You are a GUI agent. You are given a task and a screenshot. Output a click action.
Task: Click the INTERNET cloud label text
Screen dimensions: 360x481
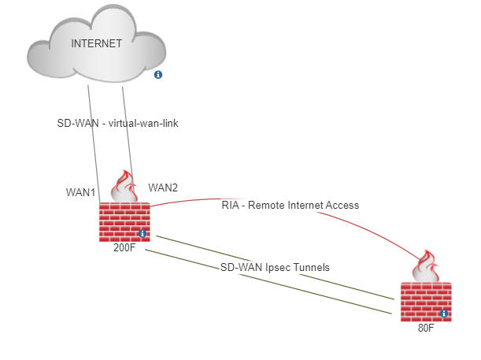(96, 44)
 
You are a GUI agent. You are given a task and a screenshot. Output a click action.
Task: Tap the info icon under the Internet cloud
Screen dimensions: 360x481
(158, 75)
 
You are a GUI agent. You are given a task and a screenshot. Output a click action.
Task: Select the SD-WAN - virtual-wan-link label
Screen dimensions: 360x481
(117, 123)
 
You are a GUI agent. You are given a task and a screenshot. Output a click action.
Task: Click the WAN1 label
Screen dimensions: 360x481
(81, 192)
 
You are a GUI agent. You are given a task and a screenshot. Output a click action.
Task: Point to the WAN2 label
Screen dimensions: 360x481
(163, 187)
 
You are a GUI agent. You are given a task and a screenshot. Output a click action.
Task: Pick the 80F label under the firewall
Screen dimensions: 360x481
(425, 328)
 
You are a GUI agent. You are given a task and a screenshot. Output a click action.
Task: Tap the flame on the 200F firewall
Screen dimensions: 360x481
(124, 187)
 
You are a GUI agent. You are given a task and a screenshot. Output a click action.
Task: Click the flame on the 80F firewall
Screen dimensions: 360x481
(426, 268)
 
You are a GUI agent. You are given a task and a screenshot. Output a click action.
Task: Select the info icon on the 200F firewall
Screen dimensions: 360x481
(142, 234)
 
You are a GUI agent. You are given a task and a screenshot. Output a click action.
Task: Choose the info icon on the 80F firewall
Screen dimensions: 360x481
(444, 314)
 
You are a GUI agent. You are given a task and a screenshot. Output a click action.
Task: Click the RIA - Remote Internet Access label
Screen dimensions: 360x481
(290, 205)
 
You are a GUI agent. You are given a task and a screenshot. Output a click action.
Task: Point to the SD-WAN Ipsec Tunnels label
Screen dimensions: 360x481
(275, 267)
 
